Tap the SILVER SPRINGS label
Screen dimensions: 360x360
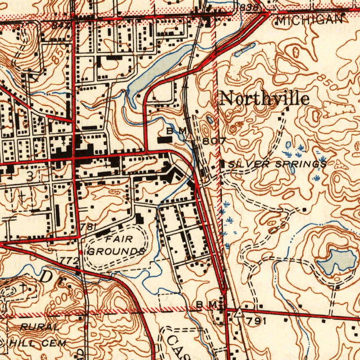click(277, 164)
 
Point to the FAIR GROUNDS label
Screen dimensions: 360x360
click(116, 246)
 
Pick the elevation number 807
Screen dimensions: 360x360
click(214, 141)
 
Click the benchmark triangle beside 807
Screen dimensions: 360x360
click(190, 137)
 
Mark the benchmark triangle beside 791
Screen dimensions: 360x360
click(239, 312)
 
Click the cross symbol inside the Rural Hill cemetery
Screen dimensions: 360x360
click(23, 288)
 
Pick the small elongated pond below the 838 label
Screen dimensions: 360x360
click(245, 50)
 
